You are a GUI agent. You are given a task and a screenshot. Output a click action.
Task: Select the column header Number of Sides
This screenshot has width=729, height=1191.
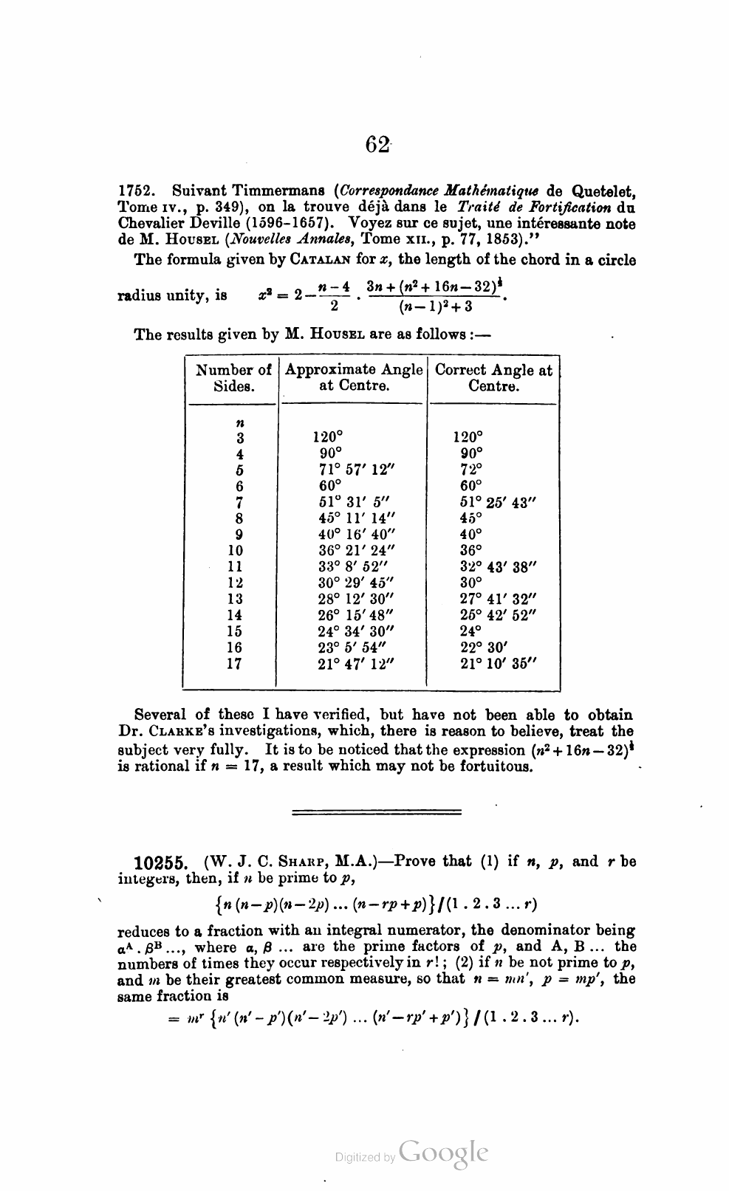point(233,378)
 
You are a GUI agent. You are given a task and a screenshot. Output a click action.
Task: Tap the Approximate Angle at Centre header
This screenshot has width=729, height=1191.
point(354,378)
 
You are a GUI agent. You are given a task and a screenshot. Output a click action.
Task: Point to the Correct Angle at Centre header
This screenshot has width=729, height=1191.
point(493,378)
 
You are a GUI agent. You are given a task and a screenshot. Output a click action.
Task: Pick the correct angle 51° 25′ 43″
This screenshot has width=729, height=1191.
point(497,502)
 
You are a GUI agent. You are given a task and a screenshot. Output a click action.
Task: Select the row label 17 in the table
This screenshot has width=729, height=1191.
point(234,663)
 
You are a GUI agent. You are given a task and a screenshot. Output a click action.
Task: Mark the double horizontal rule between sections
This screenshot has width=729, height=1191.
point(377,811)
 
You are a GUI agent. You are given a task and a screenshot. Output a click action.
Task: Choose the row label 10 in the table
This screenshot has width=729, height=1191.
point(235,550)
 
